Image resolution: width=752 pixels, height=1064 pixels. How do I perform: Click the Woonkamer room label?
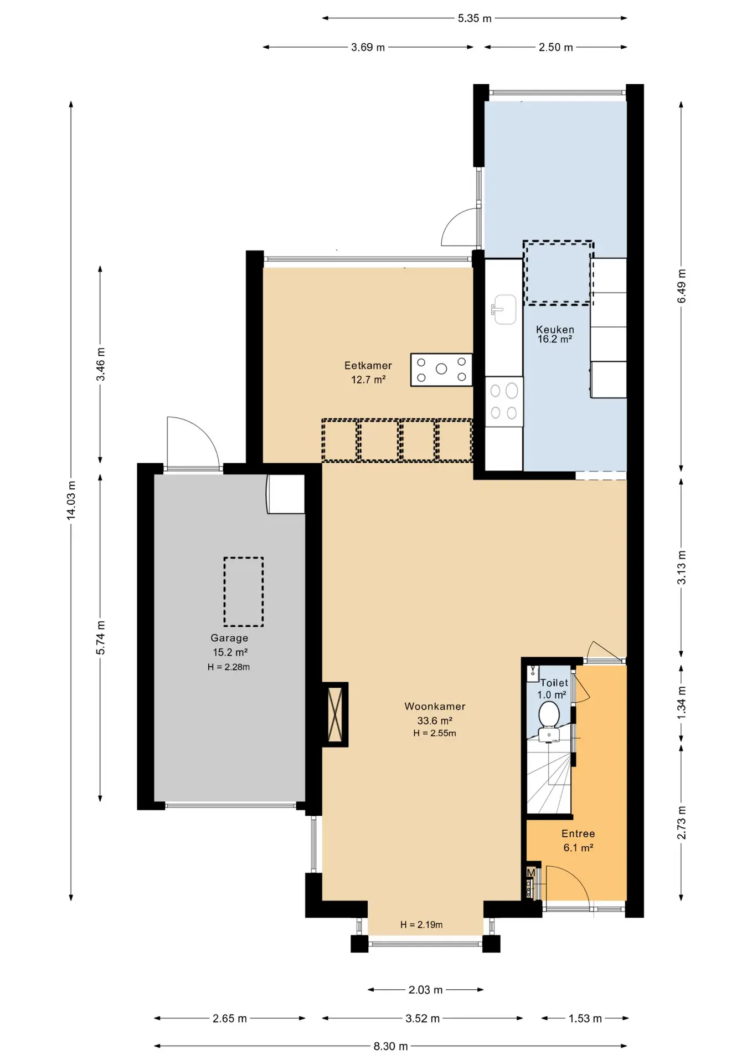(435, 706)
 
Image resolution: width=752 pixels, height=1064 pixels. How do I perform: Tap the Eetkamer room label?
(368, 365)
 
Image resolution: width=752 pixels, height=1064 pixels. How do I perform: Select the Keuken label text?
(555, 329)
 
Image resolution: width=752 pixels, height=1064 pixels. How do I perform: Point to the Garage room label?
(229, 638)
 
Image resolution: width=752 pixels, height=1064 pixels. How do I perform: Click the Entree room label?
(578, 833)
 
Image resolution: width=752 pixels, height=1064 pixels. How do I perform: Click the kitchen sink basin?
(504, 309)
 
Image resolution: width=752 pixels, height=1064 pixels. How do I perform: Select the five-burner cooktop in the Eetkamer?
(441, 370)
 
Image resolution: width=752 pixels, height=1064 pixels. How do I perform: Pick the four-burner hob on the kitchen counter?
(504, 402)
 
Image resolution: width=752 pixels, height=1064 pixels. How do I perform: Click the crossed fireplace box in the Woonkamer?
(335, 714)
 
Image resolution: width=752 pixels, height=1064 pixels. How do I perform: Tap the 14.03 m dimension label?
(71, 500)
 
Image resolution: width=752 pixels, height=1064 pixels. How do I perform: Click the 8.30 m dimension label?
(390, 1046)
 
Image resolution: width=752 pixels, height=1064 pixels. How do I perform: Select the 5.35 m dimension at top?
(475, 18)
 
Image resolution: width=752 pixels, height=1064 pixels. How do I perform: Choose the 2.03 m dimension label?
(425, 989)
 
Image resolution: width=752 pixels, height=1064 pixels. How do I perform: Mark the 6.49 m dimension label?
(681, 286)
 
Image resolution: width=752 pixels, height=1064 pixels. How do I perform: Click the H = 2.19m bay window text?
(421, 924)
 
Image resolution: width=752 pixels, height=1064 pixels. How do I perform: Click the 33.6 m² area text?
(435, 720)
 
